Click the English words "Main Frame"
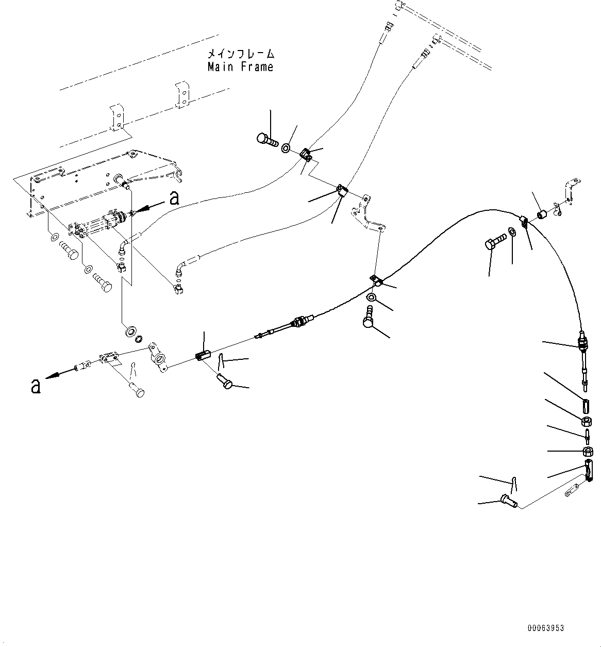tap(240, 67)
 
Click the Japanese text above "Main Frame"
tap(240, 54)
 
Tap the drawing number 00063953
tap(545, 628)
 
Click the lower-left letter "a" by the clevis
tap(36, 386)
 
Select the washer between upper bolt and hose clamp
tap(286, 148)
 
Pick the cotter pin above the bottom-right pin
tap(514, 485)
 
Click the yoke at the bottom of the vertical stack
tap(589, 472)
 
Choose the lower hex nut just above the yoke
tap(587, 452)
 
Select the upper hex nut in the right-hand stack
tap(587, 422)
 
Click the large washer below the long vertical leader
tap(128, 330)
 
